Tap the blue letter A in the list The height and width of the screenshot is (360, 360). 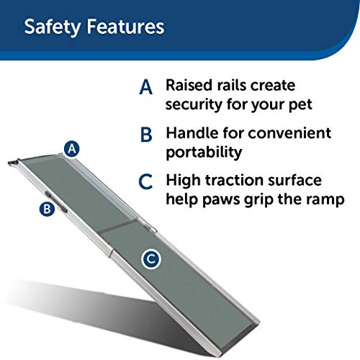146,88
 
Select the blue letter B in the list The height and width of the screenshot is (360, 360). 146,135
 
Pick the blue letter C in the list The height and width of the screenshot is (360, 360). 146,181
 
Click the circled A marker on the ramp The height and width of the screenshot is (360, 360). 71,149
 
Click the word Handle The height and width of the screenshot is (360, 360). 191,133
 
